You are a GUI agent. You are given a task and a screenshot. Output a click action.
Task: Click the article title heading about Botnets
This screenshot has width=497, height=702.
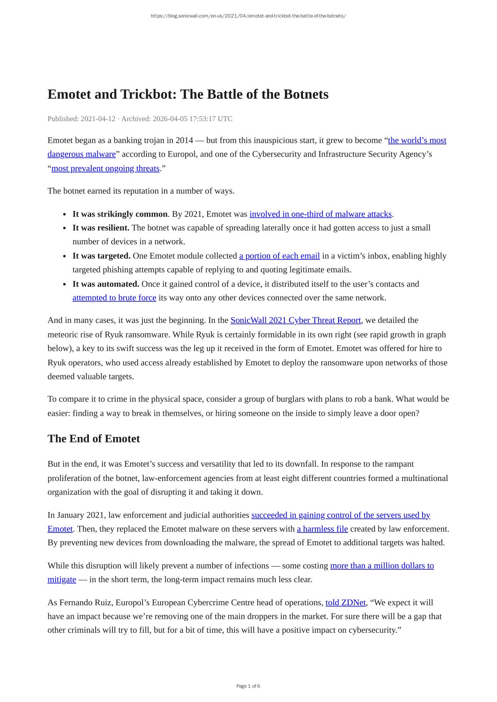[x=188, y=94]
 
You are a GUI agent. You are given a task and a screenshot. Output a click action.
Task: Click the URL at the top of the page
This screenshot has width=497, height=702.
[x=248, y=16]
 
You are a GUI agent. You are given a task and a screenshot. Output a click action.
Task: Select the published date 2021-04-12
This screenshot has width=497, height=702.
[x=98, y=119]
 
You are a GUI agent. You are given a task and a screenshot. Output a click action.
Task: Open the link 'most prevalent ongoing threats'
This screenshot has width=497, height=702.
[x=105, y=168]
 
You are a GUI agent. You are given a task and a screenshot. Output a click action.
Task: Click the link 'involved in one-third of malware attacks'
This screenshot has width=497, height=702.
[x=320, y=214]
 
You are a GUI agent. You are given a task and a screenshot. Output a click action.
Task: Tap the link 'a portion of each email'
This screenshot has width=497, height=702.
[x=279, y=256]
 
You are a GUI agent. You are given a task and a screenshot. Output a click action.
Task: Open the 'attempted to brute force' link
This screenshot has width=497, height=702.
[x=114, y=298]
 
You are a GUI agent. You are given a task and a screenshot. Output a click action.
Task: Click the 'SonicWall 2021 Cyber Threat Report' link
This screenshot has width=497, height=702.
[x=295, y=320]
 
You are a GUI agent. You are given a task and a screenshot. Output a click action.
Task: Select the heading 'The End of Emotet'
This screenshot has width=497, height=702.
[x=94, y=439]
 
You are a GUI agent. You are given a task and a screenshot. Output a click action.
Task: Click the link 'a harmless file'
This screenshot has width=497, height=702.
[x=322, y=529]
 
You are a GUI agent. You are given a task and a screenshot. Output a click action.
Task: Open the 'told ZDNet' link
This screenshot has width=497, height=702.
[x=345, y=602]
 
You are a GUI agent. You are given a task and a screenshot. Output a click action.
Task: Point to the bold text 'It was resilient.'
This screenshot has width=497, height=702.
[x=101, y=228]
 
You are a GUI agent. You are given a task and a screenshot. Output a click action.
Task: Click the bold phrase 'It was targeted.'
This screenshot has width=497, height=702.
[x=101, y=256]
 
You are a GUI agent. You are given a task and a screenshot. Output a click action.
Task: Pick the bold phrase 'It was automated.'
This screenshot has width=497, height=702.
[x=106, y=284]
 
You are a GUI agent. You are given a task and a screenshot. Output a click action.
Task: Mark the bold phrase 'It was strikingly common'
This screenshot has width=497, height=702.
[x=120, y=214]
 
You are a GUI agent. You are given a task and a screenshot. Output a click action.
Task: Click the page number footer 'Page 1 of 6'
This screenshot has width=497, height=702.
[x=248, y=686]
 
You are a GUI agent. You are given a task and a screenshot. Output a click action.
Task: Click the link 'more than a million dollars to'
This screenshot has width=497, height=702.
[x=382, y=566]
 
